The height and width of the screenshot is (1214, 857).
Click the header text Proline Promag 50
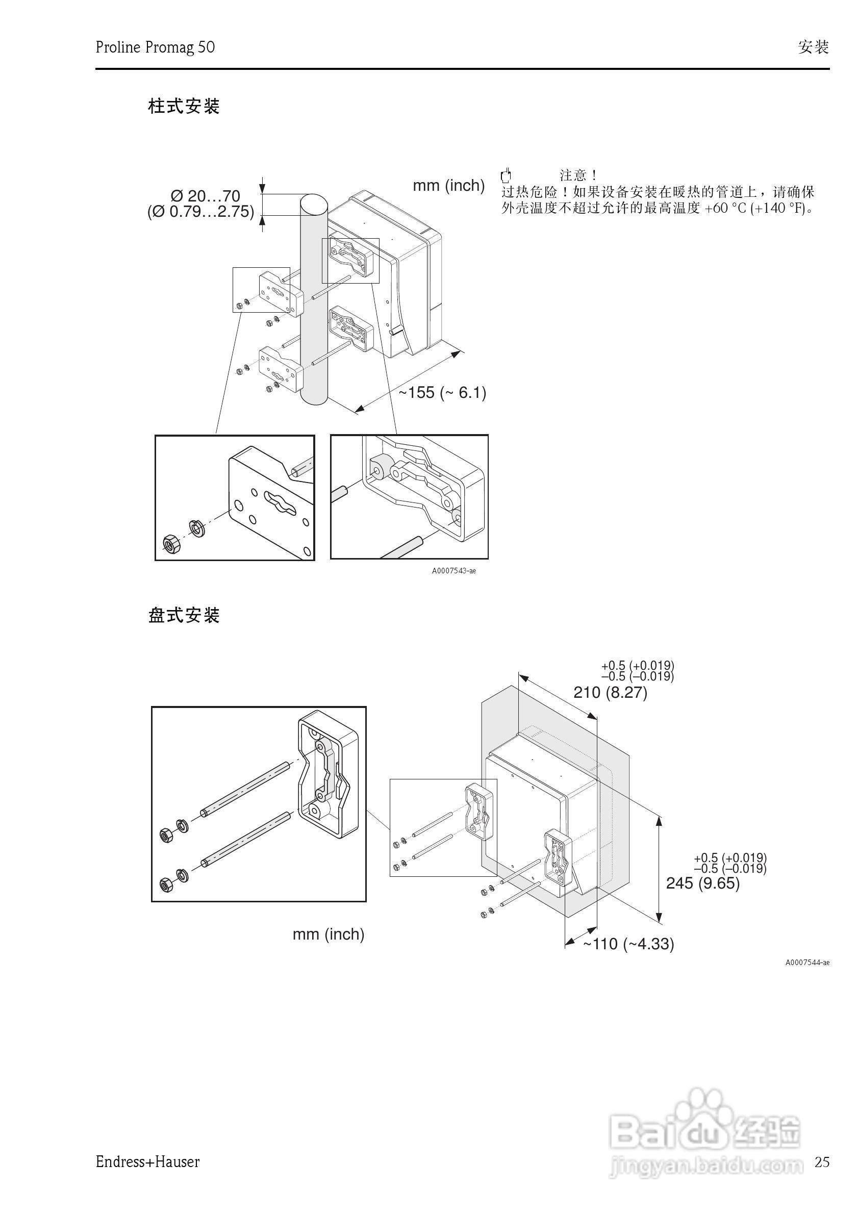tap(155, 47)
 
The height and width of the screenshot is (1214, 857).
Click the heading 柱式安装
tap(184, 106)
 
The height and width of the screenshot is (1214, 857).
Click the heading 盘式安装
tap(184, 615)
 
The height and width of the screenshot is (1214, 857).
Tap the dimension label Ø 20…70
tap(205, 196)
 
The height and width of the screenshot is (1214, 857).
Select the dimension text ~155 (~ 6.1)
tap(442, 392)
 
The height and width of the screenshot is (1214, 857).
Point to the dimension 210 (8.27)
tap(610, 692)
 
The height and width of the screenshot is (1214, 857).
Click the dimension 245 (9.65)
tap(702, 883)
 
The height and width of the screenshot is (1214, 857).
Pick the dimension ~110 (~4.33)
tap(628, 944)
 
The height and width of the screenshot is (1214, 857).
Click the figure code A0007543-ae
tap(453, 570)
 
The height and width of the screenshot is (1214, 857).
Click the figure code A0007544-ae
tap(807, 963)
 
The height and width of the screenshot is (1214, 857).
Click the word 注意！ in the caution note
tap(578, 175)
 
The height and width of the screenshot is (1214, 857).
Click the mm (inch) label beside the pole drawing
tap(448, 186)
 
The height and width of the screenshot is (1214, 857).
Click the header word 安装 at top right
tap(813, 47)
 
